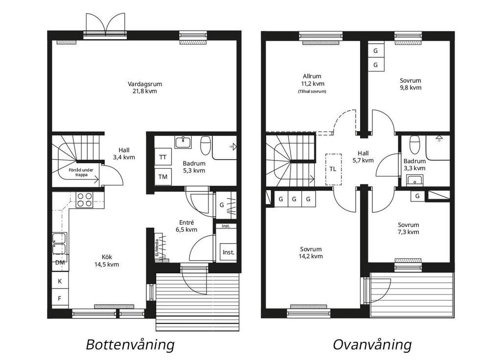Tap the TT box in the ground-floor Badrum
(163, 157)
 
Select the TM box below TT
(163, 177)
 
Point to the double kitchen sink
(60, 244)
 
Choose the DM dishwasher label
(60, 263)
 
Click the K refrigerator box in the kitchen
(60, 281)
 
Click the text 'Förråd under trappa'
(81, 173)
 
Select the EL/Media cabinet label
(157, 248)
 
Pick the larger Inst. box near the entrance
(228, 252)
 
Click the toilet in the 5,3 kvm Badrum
(205, 145)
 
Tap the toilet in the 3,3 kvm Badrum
(415, 143)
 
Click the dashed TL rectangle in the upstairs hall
(333, 169)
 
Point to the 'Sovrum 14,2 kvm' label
(311, 253)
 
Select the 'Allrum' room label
(312, 76)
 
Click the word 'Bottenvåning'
(130, 345)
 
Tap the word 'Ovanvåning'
(372, 345)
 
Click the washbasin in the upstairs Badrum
(415, 180)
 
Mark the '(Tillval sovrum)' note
(312, 91)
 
